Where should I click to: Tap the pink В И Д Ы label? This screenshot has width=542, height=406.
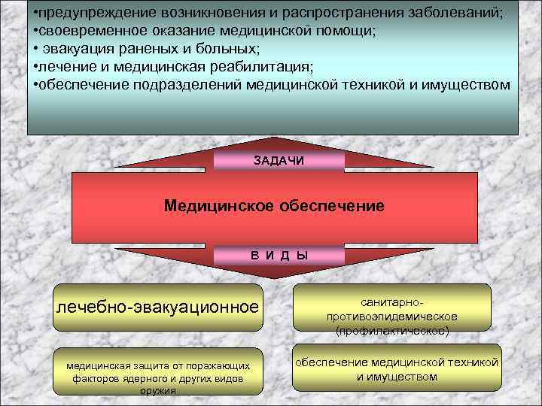coord(279,255)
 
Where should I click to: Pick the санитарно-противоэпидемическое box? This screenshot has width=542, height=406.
coord(391,309)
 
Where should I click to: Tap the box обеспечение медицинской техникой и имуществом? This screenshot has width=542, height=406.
coord(397,369)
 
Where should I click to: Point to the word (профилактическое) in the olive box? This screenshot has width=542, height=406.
coord(391,330)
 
